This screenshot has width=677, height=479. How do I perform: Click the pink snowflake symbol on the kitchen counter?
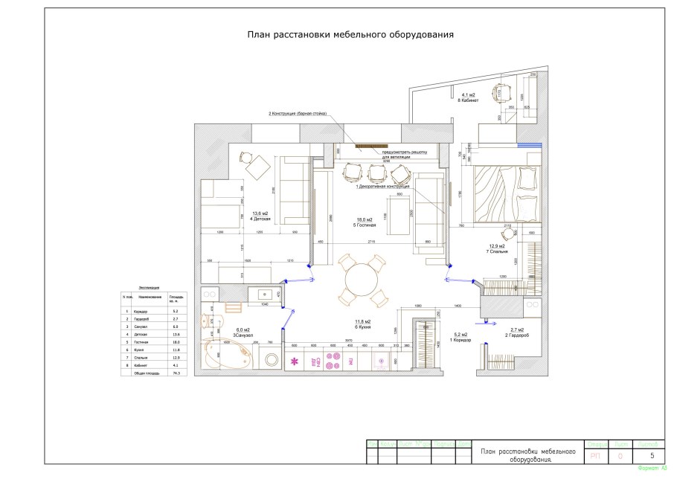pos(294,361)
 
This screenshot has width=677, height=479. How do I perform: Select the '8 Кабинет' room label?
pos(469,100)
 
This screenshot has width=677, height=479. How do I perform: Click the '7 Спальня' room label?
pos(497,251)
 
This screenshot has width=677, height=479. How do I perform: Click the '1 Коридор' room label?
pos(462,340)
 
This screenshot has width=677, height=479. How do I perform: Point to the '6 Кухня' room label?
pos(363,327)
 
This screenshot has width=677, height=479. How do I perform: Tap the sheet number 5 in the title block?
pos(652,455)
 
